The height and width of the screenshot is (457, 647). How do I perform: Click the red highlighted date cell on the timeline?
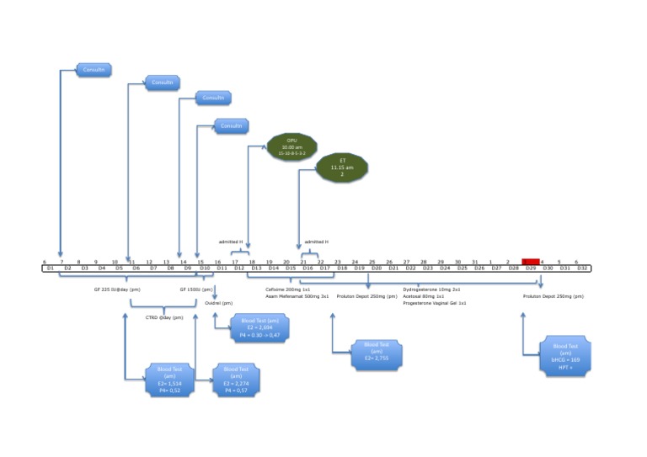(x=531, y=262)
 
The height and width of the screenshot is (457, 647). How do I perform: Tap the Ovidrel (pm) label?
(x=219, y=304)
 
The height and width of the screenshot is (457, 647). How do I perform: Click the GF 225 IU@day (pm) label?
(x=117, y=289)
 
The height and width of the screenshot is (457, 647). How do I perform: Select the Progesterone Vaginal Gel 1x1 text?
(x=434, y=303)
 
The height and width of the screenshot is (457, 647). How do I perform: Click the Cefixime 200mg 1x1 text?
(x=288, y=289)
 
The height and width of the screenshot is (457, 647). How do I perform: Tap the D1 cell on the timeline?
(x=51, y=268)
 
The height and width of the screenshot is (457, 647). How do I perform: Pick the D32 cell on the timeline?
(x=581, y=268)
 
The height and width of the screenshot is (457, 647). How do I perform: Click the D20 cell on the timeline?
(x=377, y=268)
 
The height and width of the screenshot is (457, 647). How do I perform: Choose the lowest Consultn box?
(x=231, y=126)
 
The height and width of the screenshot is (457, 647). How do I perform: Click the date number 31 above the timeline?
(x=475, y=262)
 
